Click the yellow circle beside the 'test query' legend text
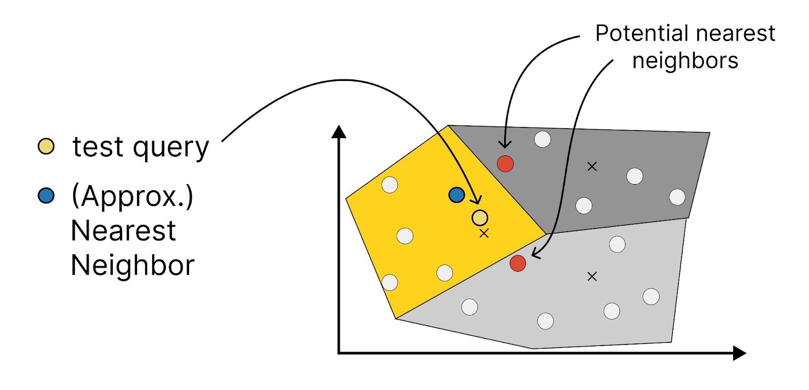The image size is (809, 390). tap(46, 146)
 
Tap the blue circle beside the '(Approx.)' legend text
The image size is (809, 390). tap(46, 196)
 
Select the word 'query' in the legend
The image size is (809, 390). tap(171, 149)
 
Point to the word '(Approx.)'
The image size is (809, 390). tap(132, 196)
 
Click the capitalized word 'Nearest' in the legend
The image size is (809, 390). tap(123, 231)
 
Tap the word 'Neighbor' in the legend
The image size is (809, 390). tap(133, 265)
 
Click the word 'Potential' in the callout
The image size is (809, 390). tap(642, 33)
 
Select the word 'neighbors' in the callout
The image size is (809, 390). tap(685, 60)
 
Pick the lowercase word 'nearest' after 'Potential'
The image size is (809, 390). tap(735, 34)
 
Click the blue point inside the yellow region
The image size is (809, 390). tap(457, 195)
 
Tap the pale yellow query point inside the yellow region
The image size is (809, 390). tap(480, 218)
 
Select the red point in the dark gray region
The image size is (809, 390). tap(505, 164)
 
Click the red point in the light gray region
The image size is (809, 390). tap(518, 263)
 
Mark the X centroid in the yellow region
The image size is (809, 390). tap(484, 234)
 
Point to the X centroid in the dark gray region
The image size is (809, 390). tap(592, 166)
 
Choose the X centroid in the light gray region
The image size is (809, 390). tap(592, 277)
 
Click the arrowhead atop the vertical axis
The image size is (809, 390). tap(339, 132)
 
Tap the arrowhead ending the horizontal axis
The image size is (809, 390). tap(740, 353)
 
